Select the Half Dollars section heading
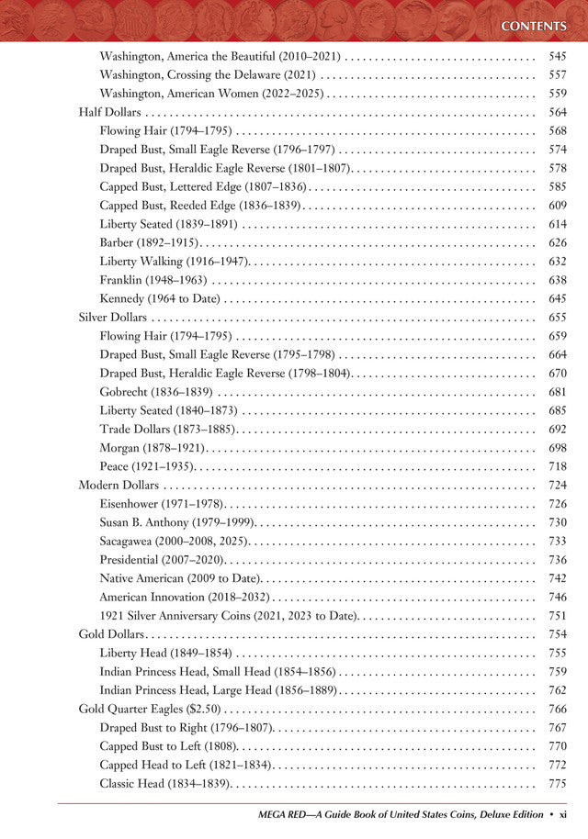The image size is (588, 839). pos(103,112)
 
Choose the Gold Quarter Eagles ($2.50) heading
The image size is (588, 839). pos(150,709)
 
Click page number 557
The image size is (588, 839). pos(557,74)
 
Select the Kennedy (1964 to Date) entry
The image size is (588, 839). pos(161,298)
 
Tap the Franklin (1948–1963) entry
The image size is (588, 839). pos(153,280)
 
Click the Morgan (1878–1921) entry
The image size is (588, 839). pos(152,448)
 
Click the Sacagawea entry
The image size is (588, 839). pos(179,541)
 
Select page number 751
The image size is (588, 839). pos(557,615)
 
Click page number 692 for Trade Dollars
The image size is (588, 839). pos(557,429)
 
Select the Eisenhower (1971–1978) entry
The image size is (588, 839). pos(161,504)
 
